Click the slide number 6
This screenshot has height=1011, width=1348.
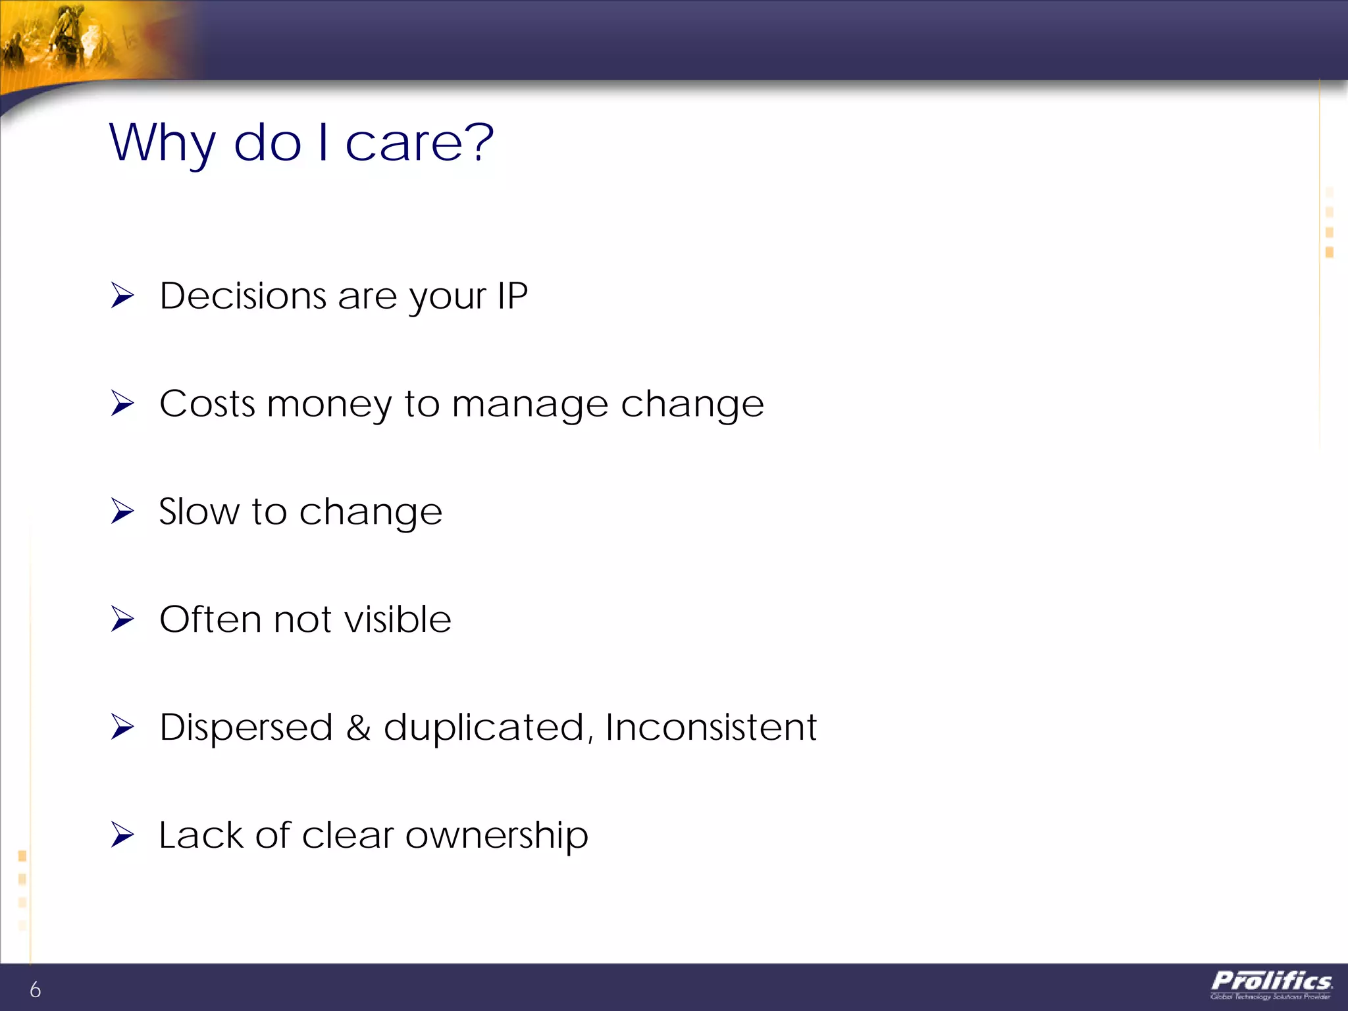[x=35, y=989]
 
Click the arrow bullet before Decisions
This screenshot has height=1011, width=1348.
[x=122, y=296]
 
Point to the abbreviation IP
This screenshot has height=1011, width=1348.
[x=512, y=296]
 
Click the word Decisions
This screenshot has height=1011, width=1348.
[x=243, y=296]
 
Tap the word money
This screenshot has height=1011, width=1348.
[x=329, y=403]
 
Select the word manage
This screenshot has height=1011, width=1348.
[x=530, y=405]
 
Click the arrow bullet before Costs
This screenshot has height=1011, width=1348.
[x=122, y=403]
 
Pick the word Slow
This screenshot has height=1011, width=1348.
[x=199, y=511]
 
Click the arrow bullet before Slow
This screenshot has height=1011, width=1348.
[x=122, y=511]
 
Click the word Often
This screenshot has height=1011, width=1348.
[x=211, y=619]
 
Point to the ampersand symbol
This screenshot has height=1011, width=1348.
[x=358, y=727]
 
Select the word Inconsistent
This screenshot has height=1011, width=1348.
[x=710, y=727]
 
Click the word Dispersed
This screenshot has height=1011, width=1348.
[x=246, y=727]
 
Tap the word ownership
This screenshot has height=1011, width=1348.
[x=496, y=836]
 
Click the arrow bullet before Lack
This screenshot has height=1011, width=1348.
[x=122, y=835]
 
